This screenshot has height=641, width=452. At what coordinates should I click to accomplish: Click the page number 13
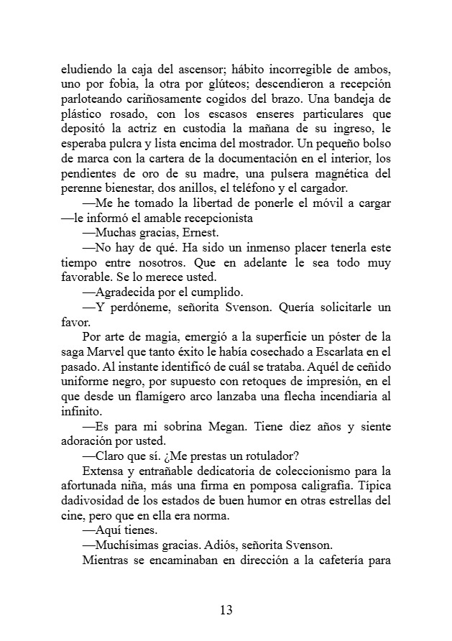226,611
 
